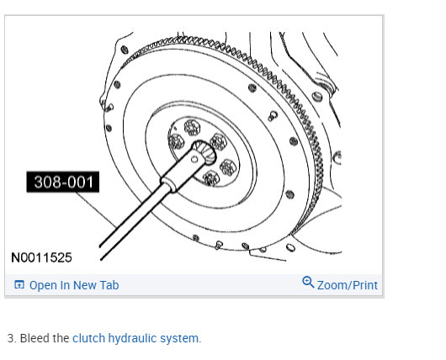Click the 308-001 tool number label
(63, 182)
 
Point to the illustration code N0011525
(41, 257)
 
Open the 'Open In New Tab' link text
(74, 285)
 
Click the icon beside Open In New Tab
(19, 284)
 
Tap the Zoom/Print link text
(348, 285)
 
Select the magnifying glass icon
(308, 282)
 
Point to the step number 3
(12, 338)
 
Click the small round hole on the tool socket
(194, 160)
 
